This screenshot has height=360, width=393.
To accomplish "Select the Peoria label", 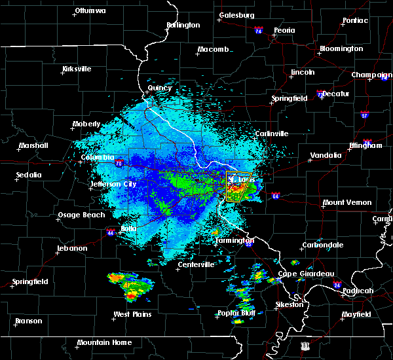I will [x=284, y=30].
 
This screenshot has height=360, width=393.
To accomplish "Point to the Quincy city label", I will [x=160, y=88].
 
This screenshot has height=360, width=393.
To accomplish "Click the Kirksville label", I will [x=77, y=69].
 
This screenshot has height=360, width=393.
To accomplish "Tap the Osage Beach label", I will [x=81, y=215].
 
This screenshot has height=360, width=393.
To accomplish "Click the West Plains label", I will [x=132, y=314].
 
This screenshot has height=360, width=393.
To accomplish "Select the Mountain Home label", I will [x=104, y=342].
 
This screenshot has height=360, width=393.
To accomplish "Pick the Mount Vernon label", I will [x=346, y=203].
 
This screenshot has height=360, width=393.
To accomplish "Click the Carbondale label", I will [x=322, y=245].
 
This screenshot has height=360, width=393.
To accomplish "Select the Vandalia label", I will [x=326, y=155].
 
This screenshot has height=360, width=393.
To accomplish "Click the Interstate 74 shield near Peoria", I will [x=258, y=31].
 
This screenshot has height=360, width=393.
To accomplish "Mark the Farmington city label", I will [x=234, y=240].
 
